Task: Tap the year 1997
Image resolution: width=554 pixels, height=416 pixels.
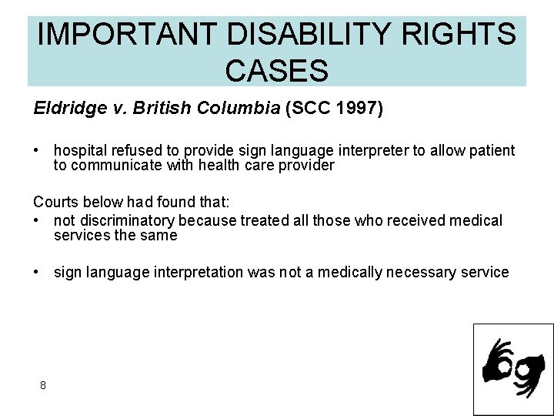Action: (x=357, y=108)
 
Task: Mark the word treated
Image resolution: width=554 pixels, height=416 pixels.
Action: (x=264, y=221)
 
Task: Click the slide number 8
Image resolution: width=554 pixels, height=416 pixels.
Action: (x=42, y=385)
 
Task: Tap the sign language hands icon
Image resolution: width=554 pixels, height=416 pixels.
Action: (x=512, y=369)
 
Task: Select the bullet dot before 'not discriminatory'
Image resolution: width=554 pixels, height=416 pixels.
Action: (x=37, y=221)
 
